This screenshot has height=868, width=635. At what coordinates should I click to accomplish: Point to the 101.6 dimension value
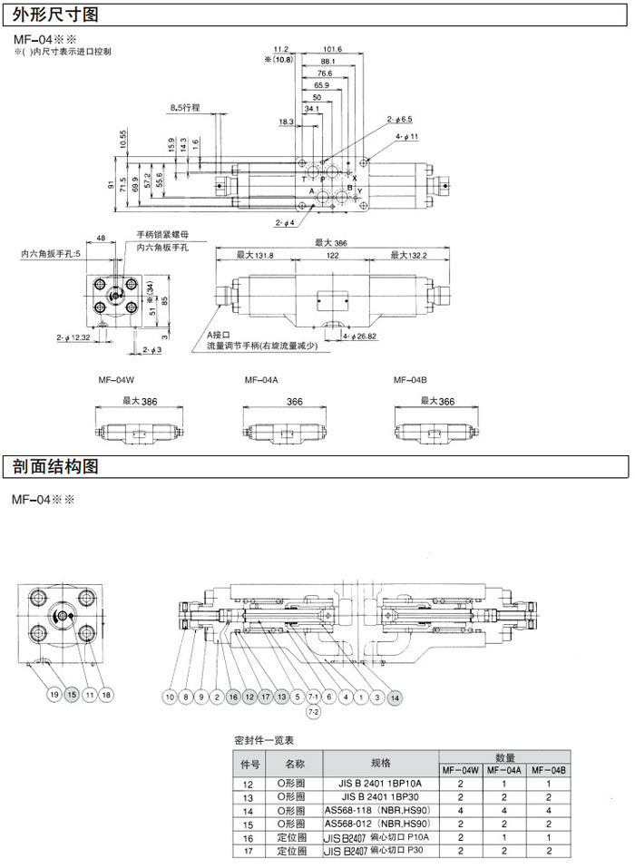(331, 49)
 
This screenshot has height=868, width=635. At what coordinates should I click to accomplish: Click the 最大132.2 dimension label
(408, 258)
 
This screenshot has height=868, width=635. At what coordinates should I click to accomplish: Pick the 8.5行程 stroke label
(186, 108)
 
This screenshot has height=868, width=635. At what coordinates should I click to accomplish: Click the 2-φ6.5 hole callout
(400, 119)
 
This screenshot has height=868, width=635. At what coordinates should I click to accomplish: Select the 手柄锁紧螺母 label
(162, 234)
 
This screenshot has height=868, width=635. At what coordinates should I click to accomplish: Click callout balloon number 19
(54, 694)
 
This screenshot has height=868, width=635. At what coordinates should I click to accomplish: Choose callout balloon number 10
(169, 697)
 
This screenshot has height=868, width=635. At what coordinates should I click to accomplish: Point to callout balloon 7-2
(314, 714)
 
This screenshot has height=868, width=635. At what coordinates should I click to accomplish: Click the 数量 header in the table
(505, 757)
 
